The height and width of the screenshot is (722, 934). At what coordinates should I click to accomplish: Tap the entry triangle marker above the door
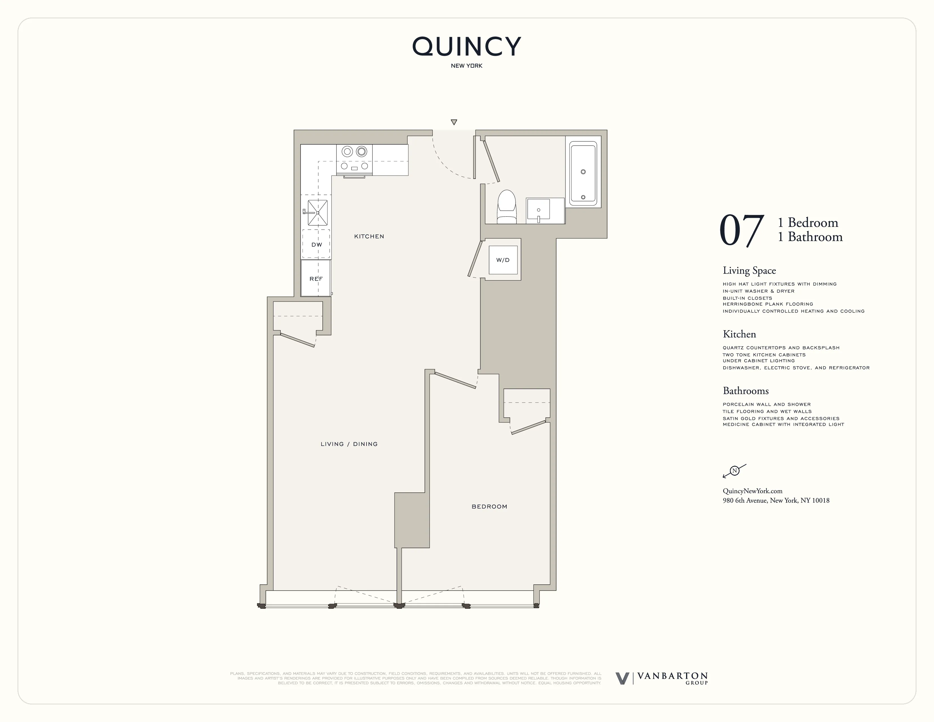click(454, 122)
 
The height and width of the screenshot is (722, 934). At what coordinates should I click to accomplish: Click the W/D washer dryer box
click(503, 260)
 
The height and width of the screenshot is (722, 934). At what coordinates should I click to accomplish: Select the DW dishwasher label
click(316, 245)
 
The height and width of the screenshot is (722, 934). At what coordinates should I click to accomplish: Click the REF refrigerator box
click(316, 278)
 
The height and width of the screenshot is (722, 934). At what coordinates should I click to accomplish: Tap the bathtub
click(583, 174)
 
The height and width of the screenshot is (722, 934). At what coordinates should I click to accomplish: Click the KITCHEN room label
click(369, 236)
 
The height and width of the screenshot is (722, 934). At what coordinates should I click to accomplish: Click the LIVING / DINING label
click(349, 444)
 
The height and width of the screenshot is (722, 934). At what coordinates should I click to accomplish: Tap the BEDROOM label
click(489, 507)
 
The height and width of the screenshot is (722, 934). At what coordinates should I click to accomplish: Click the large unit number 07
click(741, 231)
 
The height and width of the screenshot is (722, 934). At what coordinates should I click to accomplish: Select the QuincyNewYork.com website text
click(752, 491)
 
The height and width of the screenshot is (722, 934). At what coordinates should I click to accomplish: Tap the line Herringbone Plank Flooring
click(768, 304)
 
